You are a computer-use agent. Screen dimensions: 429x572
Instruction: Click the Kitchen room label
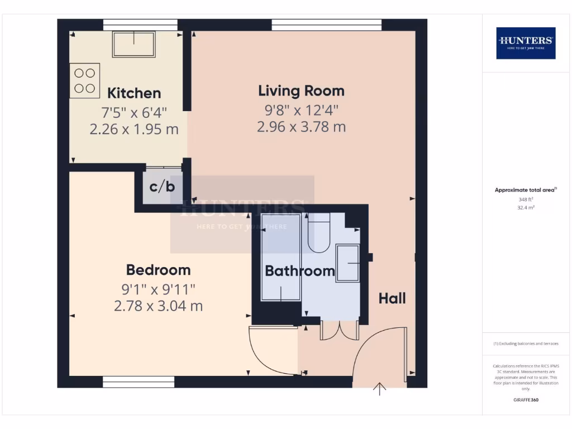coord(134,93)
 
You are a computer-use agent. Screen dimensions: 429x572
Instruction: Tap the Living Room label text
coord(301,90)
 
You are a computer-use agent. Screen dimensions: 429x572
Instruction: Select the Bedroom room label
coord(158,270)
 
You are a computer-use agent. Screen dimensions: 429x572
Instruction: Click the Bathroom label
coord(299,271)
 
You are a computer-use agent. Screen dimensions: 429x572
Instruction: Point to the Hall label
coord(392,298)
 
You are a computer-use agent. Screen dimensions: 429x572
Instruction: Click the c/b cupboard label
coord(162,187)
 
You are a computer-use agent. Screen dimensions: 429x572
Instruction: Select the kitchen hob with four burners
coord(84,80)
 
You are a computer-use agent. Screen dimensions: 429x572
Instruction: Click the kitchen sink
coord(134,44)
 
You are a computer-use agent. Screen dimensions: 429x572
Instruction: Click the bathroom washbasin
coord(347,263)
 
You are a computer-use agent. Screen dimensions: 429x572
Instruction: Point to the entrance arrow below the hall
coord(380,389)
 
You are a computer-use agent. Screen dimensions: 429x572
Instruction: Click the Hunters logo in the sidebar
coord(526,43)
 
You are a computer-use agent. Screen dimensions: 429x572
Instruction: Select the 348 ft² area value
coord(525,199)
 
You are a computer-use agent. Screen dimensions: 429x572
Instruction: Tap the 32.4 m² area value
coord(525,207)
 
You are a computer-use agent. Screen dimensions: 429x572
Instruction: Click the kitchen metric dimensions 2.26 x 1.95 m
coord(134,129)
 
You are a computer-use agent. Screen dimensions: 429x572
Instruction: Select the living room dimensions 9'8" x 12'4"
coord(301,109)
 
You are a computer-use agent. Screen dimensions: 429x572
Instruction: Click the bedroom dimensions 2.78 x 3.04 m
coord(158,306)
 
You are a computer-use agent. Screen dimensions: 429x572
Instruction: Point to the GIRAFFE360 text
coord(525,400)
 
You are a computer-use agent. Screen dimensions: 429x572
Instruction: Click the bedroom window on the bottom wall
coord(139,382)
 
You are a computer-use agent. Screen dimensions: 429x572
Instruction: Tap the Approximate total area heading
coord(525,190)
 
